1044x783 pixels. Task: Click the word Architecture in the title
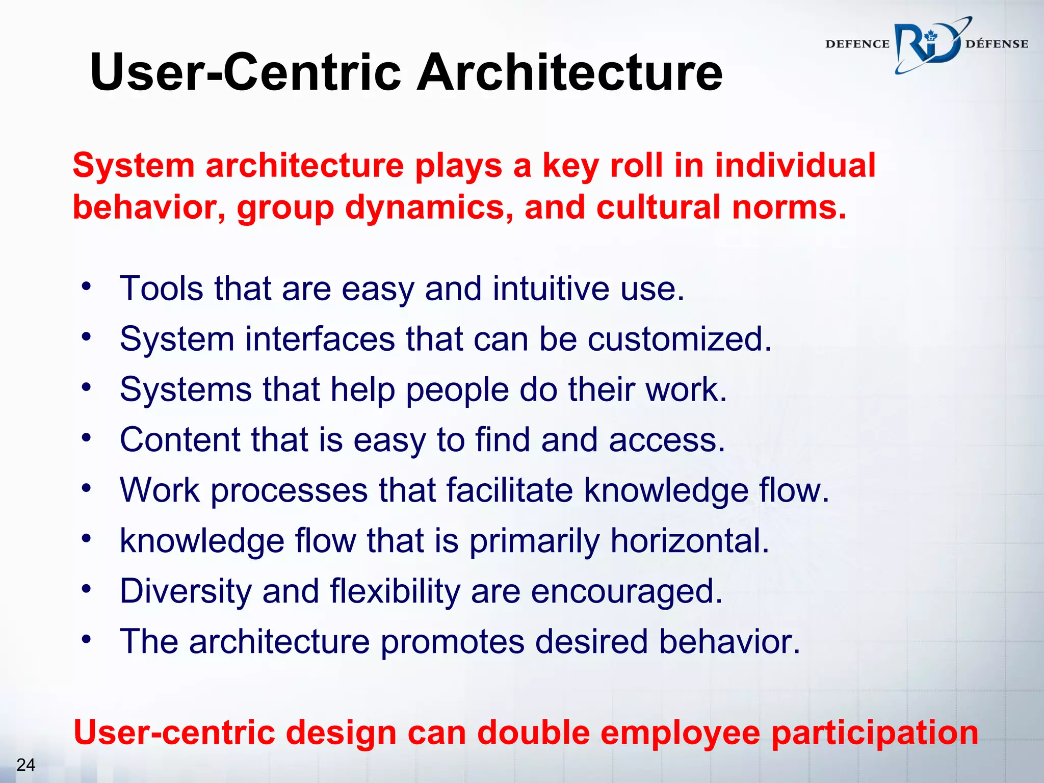point(569,72)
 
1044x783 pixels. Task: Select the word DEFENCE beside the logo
point(857,44)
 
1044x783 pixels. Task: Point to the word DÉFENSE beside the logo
point(997,44)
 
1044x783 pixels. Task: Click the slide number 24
point(25,765)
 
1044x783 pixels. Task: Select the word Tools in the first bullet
point(161,289)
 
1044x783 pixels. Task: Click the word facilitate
point(509,490)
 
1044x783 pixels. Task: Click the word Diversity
point(186,592)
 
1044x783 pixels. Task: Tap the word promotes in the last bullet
point(452,642)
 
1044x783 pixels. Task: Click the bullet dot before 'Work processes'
point(87,488)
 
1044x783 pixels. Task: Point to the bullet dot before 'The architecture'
point(87,639)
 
